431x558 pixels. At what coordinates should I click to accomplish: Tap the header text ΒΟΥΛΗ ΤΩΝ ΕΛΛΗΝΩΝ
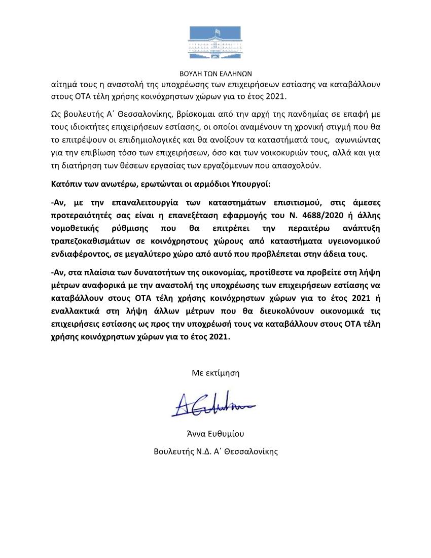coord(215,73)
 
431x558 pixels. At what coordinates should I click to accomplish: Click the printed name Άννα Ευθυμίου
coord(215,434)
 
